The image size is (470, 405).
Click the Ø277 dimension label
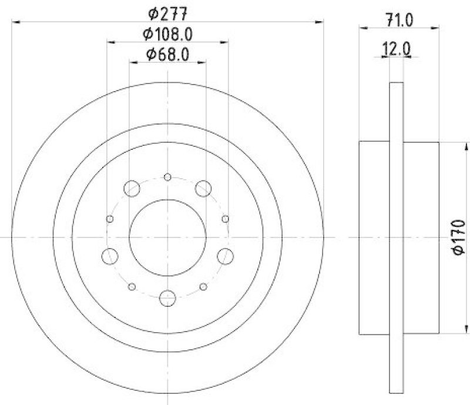(167, 12)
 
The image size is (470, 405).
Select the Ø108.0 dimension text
(167, 34)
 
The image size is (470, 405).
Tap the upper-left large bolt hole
(132, 189)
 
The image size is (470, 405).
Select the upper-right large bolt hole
(203, 189)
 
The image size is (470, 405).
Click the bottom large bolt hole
(167, 297)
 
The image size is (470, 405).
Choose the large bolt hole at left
(109, 256)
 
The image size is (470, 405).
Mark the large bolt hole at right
(226, 256)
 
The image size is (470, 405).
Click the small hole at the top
(167, 177)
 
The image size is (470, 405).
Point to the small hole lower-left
(132, 287)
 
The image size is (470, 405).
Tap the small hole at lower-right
(203, 287)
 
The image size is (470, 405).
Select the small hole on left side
(109, 219)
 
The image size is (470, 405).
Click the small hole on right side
(226, 219)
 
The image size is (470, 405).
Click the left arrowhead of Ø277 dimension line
(15, 22)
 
